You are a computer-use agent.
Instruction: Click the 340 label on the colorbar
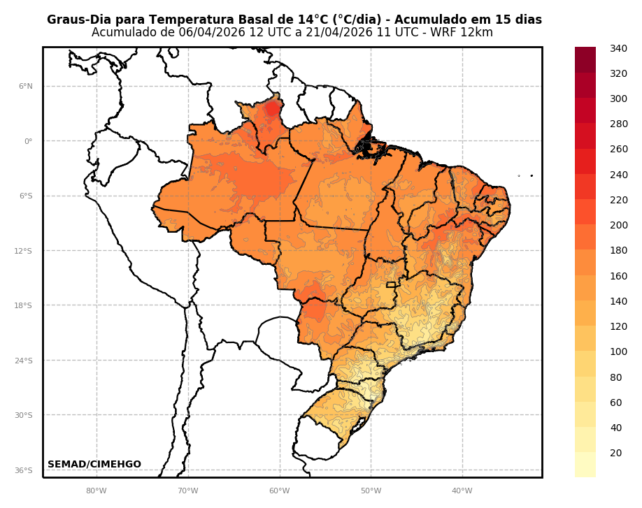pyautogui.click(x=618, y=48)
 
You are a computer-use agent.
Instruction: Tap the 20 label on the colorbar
pyautogui.click(x=615, y=453)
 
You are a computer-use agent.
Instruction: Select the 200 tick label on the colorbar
pyautogui.click(x=618, y=225)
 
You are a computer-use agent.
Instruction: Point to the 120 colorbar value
pyautogui.click(x=618, y=326)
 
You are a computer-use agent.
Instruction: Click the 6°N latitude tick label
pyautogui.click(x=26, y=87)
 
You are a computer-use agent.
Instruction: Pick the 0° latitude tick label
pyautogui.click(x=28, y=141)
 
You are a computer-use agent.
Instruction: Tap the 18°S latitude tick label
pyautogui.click(x=24, y=306)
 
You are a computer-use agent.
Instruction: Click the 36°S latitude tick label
pyautogui.click(x=24, y=471)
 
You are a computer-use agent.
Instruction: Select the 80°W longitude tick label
pyautogui.click(x=97, y=491)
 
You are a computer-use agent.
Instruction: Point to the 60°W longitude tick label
pyautogui.click(x=280, y=491)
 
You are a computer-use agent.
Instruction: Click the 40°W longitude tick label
pyautogui.click(x=462, y=491)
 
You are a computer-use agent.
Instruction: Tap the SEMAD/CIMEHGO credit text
pyautogui.click(x=94, y=465)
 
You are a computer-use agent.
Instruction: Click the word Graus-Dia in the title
pyautogui.click(x=77, y=20)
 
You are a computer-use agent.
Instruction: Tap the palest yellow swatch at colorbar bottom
pyautogui.click(x=585, y=465)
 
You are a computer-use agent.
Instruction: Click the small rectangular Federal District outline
pyautogui.click(x=390, y=285)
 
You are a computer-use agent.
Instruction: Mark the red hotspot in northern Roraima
pyautogui.click(x=273, y=108)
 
